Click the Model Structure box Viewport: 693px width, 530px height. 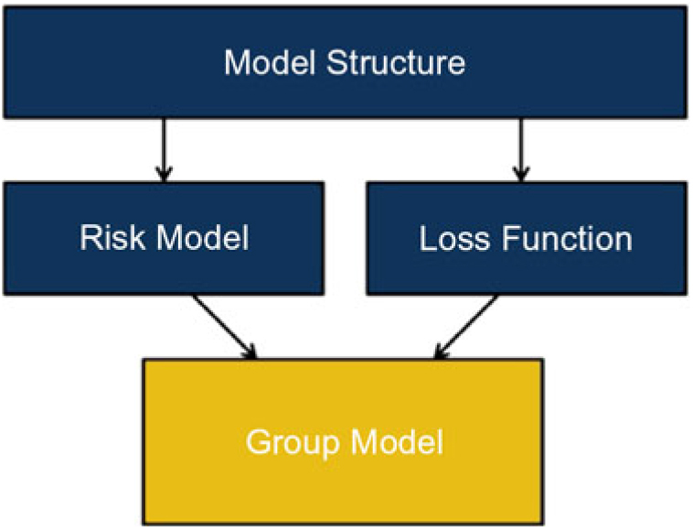point(346,62)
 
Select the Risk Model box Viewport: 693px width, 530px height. point(164,238)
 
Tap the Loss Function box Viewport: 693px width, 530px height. point(527,238)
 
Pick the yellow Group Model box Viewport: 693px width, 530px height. point(343,441)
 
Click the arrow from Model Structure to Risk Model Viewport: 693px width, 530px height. point(164,150)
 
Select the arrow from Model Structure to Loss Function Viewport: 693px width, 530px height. point(521,150)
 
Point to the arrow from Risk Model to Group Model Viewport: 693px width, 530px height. point(225,327)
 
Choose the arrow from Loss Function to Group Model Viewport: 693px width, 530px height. point(465,327)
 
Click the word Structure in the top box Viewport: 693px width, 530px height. point(396,63)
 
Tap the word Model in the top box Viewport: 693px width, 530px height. point(270,63)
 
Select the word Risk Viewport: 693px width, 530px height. point(112,238)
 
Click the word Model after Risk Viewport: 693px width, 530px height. point(203,238)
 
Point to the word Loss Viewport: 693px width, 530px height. point(454,239)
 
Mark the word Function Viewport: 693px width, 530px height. point(567,239)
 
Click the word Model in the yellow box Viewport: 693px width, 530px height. point(397,441)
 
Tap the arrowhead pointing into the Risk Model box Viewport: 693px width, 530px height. point(164,174)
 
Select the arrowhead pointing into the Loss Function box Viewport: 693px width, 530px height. point(521,174)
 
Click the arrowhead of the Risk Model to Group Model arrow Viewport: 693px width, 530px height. point(251,352)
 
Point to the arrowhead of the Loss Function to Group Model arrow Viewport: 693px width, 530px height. point(440,352)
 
